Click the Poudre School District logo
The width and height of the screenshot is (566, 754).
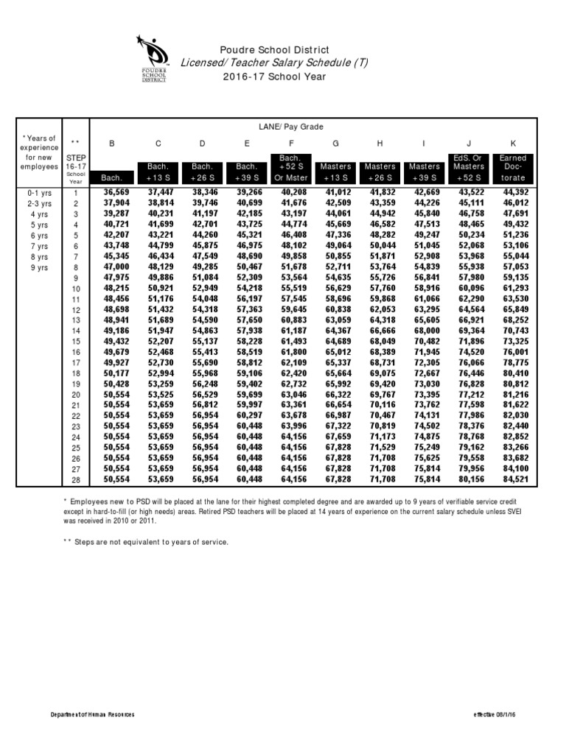[154, 58]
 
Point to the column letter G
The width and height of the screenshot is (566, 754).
[336, 144]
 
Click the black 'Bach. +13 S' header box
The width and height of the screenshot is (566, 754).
[158, 172]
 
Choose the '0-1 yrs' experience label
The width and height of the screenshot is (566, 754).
[38, 191]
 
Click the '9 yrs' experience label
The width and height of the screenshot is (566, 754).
[38, 268]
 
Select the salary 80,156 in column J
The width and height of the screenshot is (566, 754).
[472, 480]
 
